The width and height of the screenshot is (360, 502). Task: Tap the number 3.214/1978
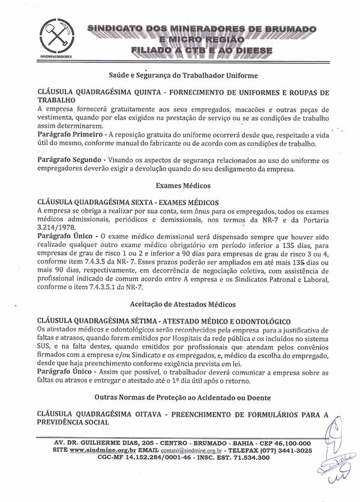coord(58,228)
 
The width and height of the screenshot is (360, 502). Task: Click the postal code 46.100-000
coord(289,443)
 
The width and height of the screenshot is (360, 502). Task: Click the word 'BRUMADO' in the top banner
coord(288,29)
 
